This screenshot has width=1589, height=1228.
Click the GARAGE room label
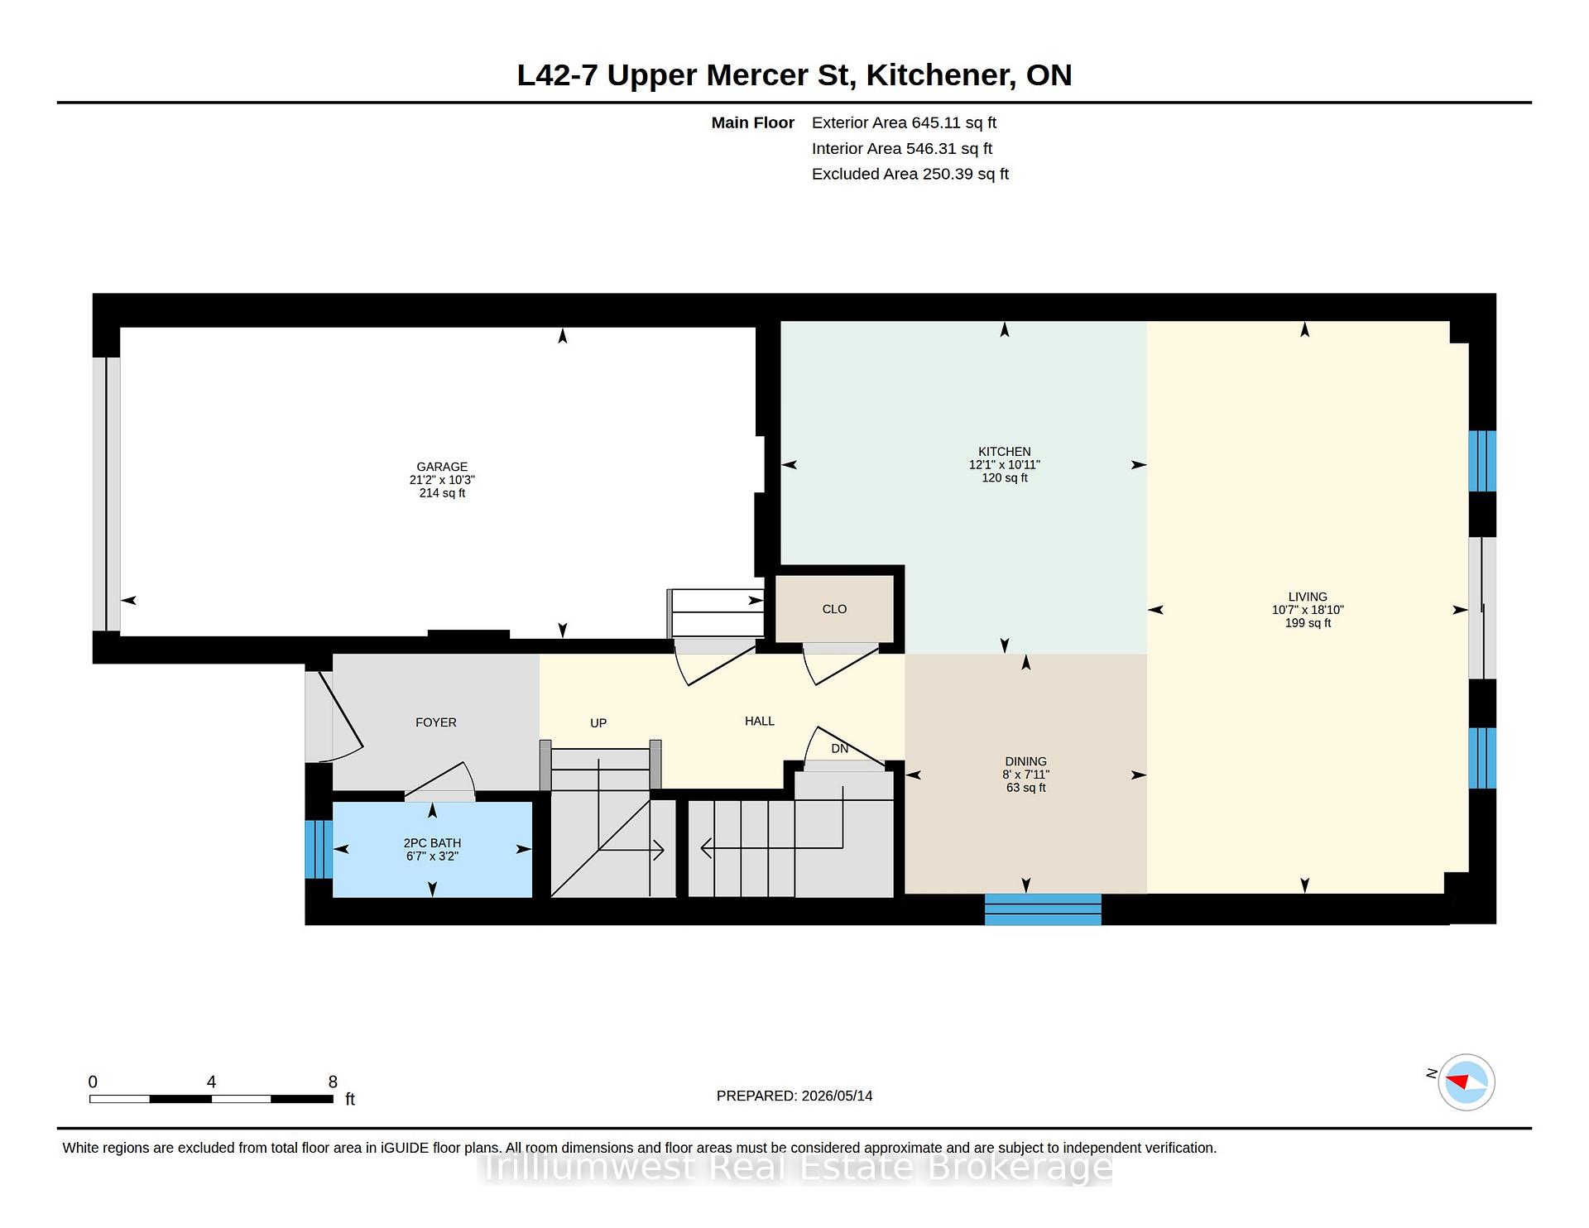pyautogui.click(x=442, y=467)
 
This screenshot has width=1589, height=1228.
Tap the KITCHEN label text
pyautogui.click(x=1005, y=452)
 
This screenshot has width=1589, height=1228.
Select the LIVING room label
pyautogui.click(x=1308, y=597)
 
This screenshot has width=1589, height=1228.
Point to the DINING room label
pyautogui.click(x=1025, y=761)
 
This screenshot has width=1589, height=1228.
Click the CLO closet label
pyautogui.click(x=834, y=609)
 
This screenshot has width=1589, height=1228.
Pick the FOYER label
pyautogui.click(x=436, y=722)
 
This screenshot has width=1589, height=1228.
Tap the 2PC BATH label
pyautogui.click(x=432, y=843)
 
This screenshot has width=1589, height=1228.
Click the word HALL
pyautogui.click(x=760, y=721)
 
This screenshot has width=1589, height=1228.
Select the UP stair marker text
pyautogui.click(x=598, y=723)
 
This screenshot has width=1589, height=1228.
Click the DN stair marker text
pyautogui.click(x=840, y=748)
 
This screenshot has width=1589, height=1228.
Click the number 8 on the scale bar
pyautogui.click(x=333, y=1082)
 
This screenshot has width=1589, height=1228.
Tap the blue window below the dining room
pyautogui.click(x=1043, y=909)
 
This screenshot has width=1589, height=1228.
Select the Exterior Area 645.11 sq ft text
pyautogui.click(x=904, y=122)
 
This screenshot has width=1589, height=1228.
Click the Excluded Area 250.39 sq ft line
pyautogui.click(x=910, y=174)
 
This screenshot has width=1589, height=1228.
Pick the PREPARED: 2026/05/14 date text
pyautogui.click(x=794, y=1096)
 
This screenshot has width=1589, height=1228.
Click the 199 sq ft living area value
pyautogui.click(x=1308, y=623)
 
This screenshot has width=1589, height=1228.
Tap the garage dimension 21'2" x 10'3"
pyautogui.click(x=442, y=480)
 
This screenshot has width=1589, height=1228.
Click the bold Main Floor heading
pyautogui.click(x=753, y=122)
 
